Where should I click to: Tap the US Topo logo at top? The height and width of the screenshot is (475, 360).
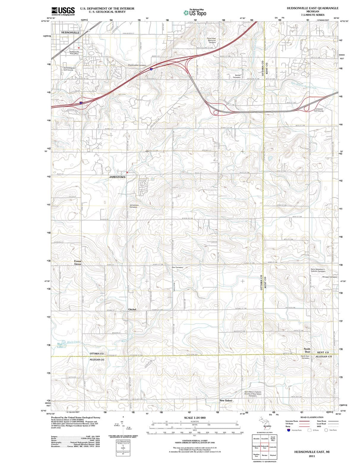coord(195,12)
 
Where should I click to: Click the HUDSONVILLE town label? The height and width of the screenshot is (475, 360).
coord(70,32)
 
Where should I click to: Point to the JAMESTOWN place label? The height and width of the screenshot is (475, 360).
coord(117,177)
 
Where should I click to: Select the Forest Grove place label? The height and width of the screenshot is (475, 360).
coord(78,262)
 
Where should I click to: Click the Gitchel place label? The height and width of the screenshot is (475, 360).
coord(132,309)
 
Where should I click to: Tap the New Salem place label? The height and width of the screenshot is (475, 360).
coord(226,400)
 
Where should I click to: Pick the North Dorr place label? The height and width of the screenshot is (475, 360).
coord(307,350)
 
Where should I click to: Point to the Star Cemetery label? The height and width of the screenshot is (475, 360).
coord(178,267)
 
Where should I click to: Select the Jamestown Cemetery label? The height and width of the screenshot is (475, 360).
coord(134,206)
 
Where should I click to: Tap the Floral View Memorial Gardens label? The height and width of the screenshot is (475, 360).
coord(211,40)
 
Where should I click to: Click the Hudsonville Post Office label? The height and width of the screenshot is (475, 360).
coord(74,53)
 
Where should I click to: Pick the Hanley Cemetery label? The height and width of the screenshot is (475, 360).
coord(237,76)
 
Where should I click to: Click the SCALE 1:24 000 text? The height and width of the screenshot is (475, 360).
coord(195,418)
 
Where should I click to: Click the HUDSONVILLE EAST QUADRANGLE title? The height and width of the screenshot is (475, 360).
coord(312,8)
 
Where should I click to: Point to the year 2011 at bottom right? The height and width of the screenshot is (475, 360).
coord(312,456)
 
